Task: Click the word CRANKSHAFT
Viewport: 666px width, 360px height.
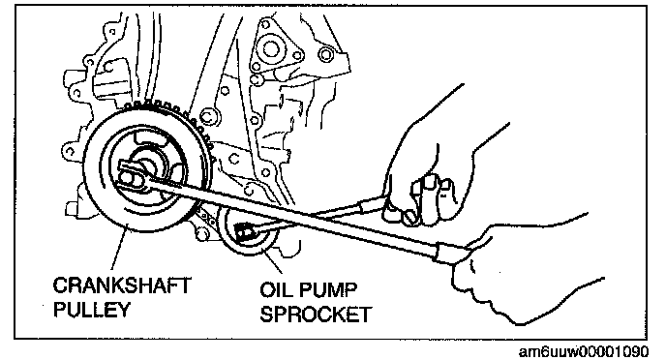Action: click(x=122, y=285)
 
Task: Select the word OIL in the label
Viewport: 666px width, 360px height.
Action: click(x=276, y=290)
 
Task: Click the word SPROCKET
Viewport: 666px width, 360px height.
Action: click(x=316, y=315)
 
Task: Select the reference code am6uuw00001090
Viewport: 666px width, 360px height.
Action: click(x=584, y=352)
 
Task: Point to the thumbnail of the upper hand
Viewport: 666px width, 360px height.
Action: click(x=430, y=182)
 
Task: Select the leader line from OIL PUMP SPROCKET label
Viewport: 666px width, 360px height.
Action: click(x=273, y=261)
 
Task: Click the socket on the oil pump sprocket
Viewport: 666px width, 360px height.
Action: click(x=243, y=232)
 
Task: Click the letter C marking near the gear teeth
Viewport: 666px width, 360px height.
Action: click(x=207, y=116)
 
